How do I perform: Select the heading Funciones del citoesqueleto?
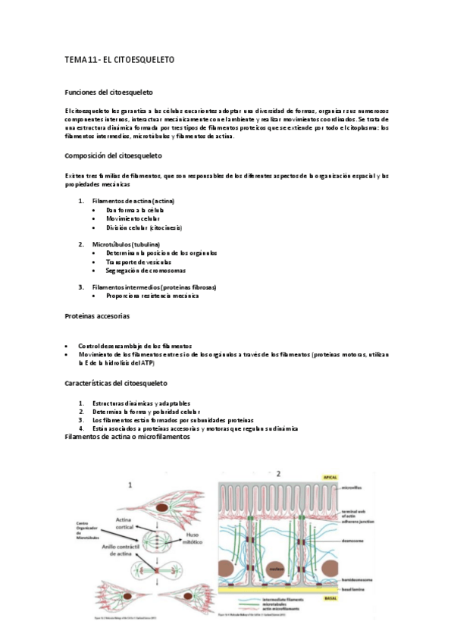point(109,91)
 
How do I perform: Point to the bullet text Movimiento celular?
point(133,218)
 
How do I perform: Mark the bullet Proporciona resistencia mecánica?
point(152,296)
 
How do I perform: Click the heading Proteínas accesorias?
point(97,315)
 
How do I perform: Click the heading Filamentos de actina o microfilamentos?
point(127,438)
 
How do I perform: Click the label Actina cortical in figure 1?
point(124,522)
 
